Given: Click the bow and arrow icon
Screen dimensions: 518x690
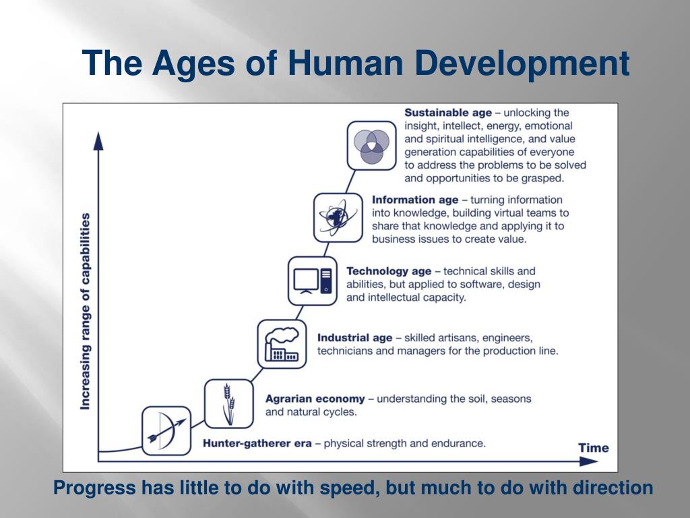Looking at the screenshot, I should (x=166, y=431).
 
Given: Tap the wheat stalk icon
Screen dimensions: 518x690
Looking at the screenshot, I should (x=229, y=403).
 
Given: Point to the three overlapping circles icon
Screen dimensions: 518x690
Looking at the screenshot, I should (x=371, y=145).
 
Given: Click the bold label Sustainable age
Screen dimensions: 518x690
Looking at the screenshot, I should (x=448, y=113).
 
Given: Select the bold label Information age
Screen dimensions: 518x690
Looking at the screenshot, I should (x=415, y=200).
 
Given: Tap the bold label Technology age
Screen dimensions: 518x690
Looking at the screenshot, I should (x=389, y=271).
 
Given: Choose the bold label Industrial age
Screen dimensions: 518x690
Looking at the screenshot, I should (x=354, y=337).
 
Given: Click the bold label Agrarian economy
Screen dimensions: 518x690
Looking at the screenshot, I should (x=315, y=399).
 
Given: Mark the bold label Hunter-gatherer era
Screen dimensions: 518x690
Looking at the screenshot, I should (x=257, y=443).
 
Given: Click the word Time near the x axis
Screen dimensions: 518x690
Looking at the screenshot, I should (x=593, y=448).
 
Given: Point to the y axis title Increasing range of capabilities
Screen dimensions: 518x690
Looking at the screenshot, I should (x=86, y=311).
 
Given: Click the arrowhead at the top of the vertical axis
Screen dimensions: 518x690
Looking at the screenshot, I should (x=98, y=141).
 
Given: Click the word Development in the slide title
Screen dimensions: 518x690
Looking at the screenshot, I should (x=522, y=63).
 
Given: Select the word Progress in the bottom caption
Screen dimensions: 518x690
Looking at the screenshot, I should (x=94, y=488).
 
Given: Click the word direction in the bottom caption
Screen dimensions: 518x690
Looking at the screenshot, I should (x=613, y=488).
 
